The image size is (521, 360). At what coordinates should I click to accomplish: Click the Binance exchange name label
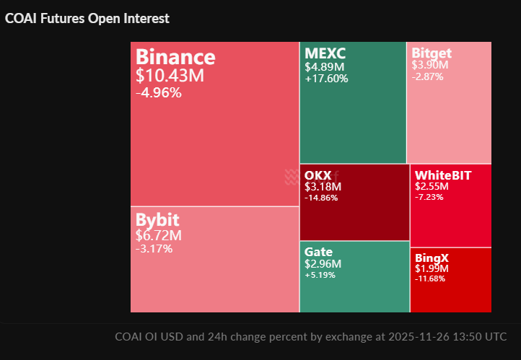[x=175, y=57]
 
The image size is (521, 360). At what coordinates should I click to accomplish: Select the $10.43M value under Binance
[x=170, y=75]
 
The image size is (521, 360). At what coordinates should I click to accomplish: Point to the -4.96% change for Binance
[x=159, y=92]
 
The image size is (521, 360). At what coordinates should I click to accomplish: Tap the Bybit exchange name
[x=157, y=220]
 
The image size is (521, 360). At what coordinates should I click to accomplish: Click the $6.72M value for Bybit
[x=159, y=236]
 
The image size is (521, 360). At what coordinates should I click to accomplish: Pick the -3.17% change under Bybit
[x=154, y=249]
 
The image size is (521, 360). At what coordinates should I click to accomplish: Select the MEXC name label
[x=325, y=53]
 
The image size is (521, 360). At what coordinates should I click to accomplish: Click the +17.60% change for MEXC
[x=326, y=79]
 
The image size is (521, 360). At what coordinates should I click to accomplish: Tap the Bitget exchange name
[x=432, y=53]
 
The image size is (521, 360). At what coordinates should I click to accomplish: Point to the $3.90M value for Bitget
[x=430, y=66]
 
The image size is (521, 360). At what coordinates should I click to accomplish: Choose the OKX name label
[x=318, y=175]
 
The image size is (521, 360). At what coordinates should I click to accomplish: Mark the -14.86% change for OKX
[x=321, y=198]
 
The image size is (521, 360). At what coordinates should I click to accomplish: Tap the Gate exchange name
[x=318, y=252]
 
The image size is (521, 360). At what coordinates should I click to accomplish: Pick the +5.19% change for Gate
[x=320, y=275]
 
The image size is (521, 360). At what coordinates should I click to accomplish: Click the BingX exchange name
[x=432, y=257]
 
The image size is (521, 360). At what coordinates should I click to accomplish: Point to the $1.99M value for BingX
[x=432, y=268]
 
